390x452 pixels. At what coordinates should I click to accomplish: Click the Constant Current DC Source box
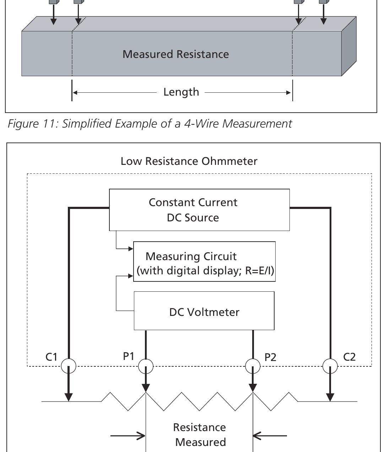coord(199,210)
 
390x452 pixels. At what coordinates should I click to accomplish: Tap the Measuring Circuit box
coord(204,262)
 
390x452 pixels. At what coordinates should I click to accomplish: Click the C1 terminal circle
coord(69,366)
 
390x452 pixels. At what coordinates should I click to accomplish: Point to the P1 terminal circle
coord(146,366)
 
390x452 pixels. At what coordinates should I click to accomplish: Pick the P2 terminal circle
coord(253,366)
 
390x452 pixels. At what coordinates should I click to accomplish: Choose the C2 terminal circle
coord(330,366)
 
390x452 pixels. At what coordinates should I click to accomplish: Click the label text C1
coord(51,357)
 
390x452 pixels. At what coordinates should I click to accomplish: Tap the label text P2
coord(270,357)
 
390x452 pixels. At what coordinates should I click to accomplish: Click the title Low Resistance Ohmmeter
coord(189,161)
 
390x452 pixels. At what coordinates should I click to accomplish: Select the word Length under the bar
coord(181,92)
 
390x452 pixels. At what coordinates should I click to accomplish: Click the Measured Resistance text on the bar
coord(175,54)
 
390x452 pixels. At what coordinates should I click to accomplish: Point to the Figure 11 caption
coord(150,124)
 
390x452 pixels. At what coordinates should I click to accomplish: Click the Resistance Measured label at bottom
coord(200,435)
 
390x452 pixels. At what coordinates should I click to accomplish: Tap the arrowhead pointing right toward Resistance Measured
coord(141,435)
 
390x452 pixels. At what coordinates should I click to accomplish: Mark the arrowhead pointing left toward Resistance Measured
coord(257,435)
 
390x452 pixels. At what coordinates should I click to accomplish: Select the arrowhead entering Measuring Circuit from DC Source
coord(130,249)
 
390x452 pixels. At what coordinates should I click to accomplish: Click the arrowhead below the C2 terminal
coord(330,397)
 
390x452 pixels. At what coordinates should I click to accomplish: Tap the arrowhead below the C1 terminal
coord(69,397)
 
